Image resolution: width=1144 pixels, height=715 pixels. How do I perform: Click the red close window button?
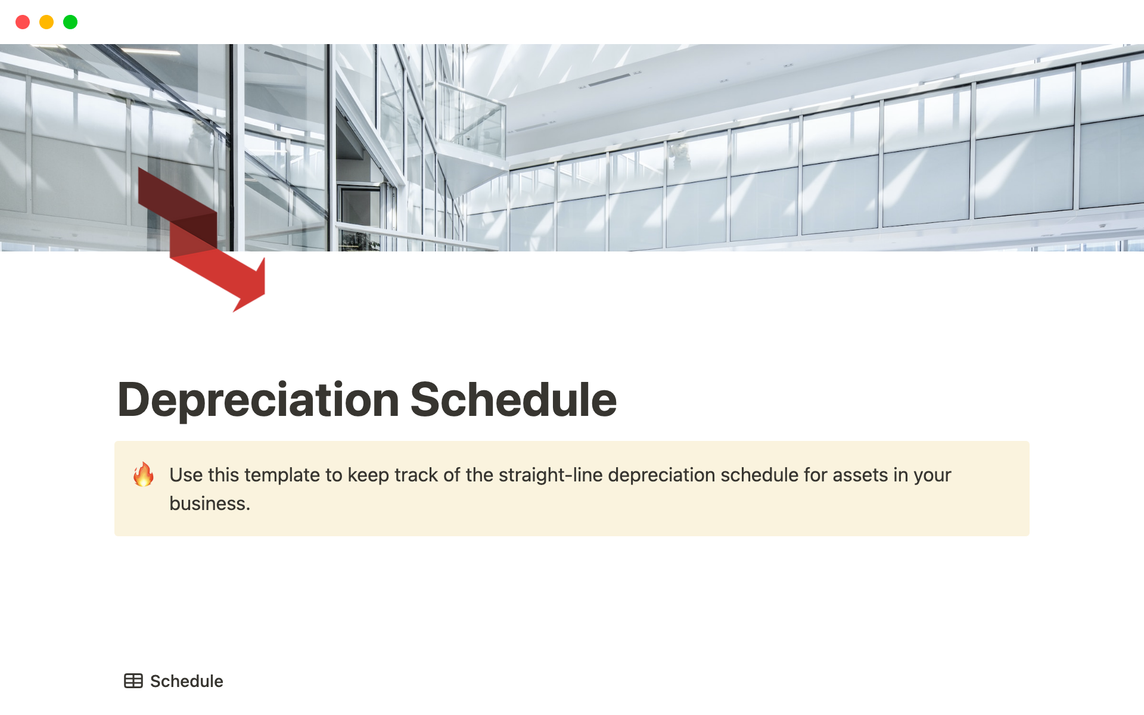click(23, 22)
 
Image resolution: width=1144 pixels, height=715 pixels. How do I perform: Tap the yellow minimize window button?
click(46, 22)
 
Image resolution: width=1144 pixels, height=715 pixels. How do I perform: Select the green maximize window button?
click(70, 22)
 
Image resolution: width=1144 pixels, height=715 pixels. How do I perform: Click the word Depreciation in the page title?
click(259, 400)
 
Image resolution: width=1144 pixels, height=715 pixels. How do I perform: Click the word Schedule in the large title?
click(514, 399)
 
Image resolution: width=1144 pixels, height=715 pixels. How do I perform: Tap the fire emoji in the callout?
click(144, 475)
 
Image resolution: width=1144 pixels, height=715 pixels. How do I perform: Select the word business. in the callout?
click(210, 503)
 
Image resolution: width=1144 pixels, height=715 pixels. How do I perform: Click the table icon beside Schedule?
click(133, 681)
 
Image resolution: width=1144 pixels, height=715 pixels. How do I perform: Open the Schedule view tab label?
click(186, 681)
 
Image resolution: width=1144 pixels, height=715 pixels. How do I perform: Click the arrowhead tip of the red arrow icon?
click(234, 311)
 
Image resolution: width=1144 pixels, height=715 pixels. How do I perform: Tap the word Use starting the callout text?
click(186, 475)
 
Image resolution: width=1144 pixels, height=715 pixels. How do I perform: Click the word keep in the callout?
click(368, 475)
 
